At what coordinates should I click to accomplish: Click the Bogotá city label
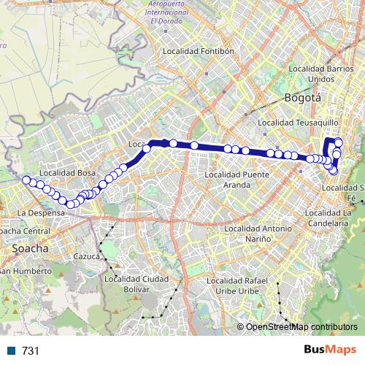pyautogui.click(x=302, y=97)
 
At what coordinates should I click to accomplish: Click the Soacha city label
pyautogui.click(x=31, y=248)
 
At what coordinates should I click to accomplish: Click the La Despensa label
pyautogui.click(x=36, y=212)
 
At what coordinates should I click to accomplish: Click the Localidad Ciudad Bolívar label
pyautogui.click(x=137, y=283)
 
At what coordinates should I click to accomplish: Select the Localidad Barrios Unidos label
pyautogui.click(x=321, y=73)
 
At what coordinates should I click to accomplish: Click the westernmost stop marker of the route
pyautogui.click(x=26, y=180)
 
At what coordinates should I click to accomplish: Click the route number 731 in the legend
pyautogui.click(x=30, y=351)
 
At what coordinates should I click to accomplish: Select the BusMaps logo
pyautogui.click(x=329, y=350)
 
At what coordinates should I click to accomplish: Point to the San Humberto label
pyautogui.click(x=26, y=271)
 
